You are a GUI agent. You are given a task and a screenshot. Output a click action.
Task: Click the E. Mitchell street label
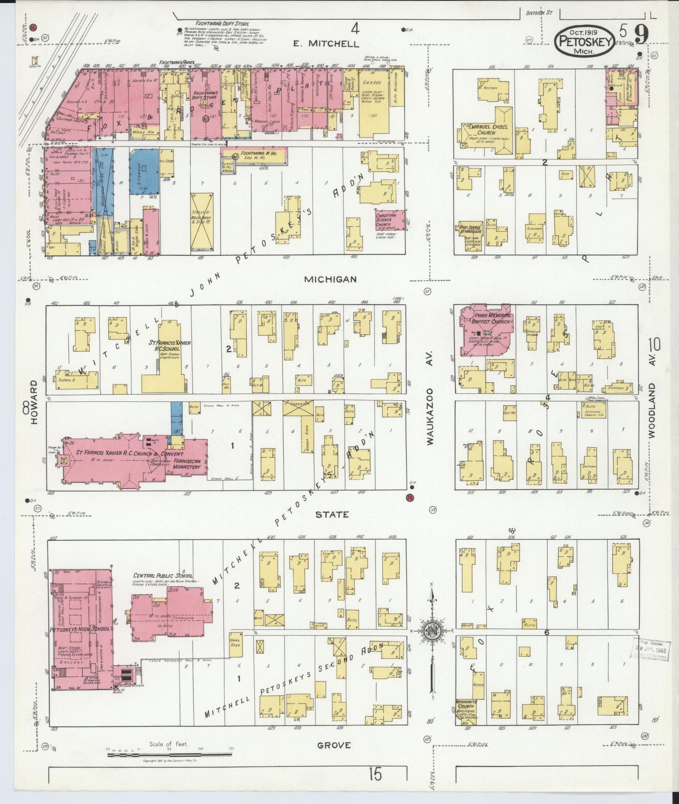[x=326, y=44]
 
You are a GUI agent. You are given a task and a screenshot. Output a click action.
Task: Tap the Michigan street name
[x=330, y=279]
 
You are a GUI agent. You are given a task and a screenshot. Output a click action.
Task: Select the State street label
[x=332, y=514]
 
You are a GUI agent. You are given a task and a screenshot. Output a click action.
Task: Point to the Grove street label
[x=334, y=745]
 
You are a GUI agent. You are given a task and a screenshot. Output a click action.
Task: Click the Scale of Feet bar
[x=169, y=755]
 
